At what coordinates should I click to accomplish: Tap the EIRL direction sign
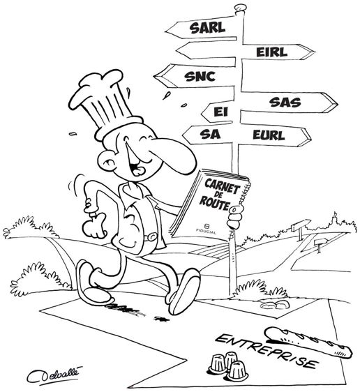click(x=278, y=52)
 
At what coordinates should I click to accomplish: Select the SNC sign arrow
click(x=195, y=76)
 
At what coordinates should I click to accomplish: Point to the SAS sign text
click(x=285, y=103)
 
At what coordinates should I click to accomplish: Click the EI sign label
click(x=221, y=112)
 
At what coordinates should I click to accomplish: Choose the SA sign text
click(x=210, y=135)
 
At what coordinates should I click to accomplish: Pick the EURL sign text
click(x=269, y=135)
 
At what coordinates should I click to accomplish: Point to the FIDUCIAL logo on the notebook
click(x=207, y=229)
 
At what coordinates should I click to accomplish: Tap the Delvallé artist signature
click(x=54, y=375)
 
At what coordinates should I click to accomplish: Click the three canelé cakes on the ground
click(x=228, y=365)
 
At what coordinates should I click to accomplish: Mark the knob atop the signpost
click(x=241, y=7)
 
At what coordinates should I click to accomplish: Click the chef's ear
click(x=106, y=159)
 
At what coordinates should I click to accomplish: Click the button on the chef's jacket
click(x=151, y=236)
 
